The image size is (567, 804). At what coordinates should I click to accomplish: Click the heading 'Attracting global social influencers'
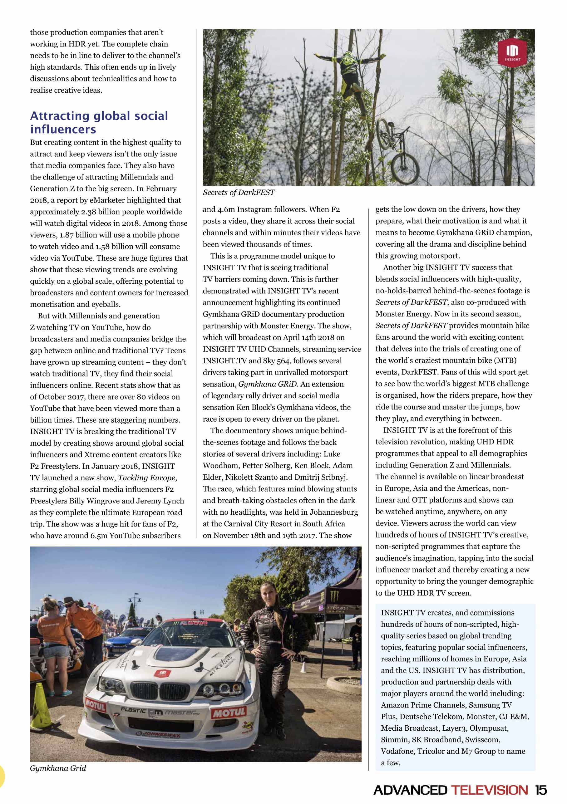(x=99, y=122)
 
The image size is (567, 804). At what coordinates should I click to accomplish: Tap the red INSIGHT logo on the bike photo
(x=512, y=51)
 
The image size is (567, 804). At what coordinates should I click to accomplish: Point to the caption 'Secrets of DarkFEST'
(x=239, y=192)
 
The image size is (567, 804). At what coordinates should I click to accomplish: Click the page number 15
(x=541, y=790)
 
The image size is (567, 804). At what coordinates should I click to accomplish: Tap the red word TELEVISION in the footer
(x=489, y=790)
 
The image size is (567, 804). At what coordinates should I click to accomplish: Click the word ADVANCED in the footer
(x=410, y=790)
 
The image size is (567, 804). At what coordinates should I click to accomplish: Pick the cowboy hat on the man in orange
(x=70, y=602)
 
